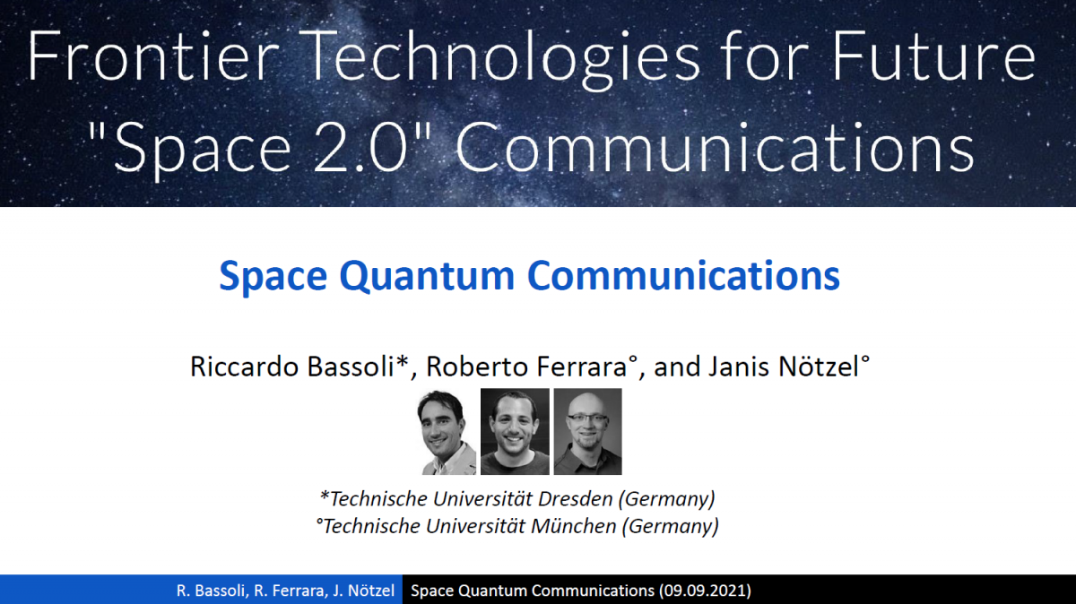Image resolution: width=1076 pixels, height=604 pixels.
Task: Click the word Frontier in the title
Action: (153, 56)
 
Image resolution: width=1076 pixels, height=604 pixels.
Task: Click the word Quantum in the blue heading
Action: (427, 276)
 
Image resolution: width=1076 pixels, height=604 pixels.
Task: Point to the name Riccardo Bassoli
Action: (299, 367)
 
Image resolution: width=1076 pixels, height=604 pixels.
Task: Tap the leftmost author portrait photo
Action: (447, 432)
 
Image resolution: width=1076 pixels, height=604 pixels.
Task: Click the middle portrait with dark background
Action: (515, 432)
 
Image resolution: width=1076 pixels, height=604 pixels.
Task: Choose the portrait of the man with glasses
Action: (588, 432)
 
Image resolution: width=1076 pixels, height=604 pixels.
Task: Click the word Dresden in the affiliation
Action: (576, 499)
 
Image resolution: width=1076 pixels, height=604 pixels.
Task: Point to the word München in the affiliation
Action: (574, 526)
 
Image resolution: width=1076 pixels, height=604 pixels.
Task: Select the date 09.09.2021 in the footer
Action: (704, 590)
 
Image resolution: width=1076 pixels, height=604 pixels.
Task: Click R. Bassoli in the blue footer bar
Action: (211, 590)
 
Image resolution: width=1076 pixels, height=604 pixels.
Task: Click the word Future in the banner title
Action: (933, 56)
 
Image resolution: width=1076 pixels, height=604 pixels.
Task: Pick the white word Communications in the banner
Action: (716, 147)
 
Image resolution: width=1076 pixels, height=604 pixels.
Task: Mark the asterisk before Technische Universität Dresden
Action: (325, 496)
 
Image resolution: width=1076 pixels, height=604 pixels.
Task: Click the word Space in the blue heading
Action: (273, 277)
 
